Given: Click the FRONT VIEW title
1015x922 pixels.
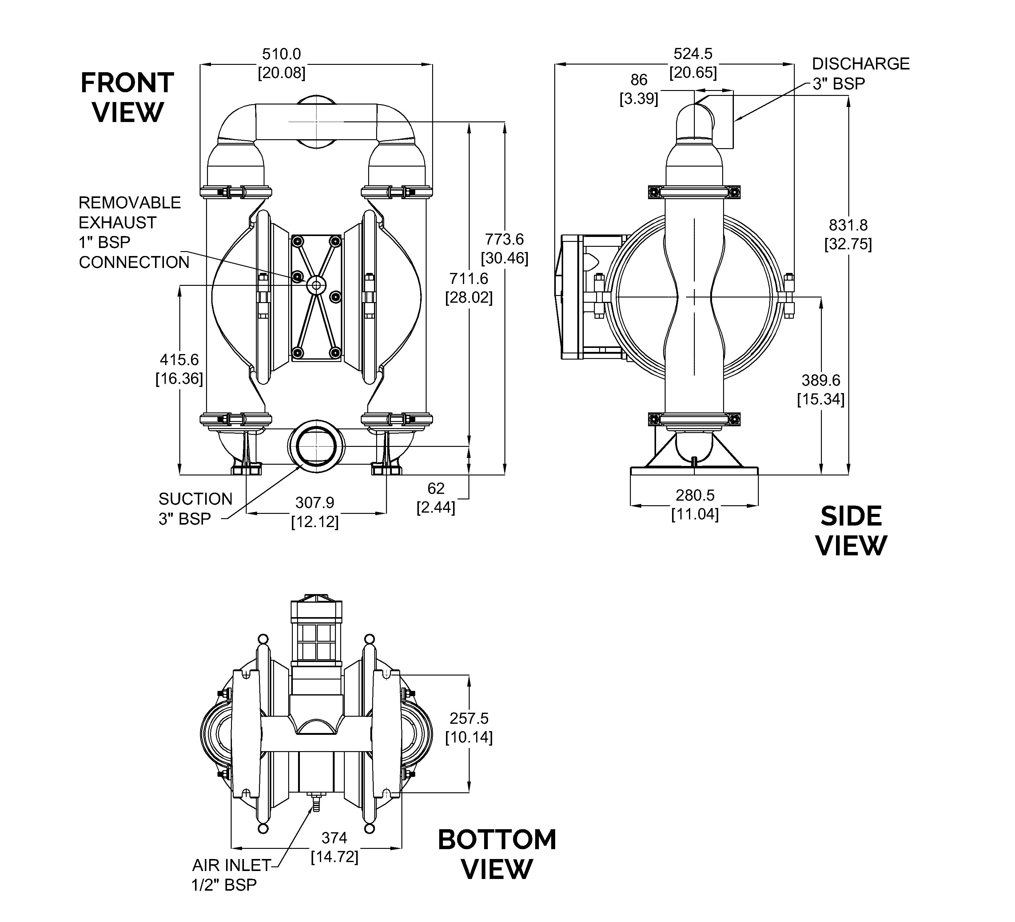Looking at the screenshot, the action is click(127, 97).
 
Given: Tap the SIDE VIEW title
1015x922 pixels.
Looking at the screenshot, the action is click(851, 531).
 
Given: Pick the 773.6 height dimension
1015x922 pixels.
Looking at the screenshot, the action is click(504, 249).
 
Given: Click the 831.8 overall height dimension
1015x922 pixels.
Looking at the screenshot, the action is click(848, 234).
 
